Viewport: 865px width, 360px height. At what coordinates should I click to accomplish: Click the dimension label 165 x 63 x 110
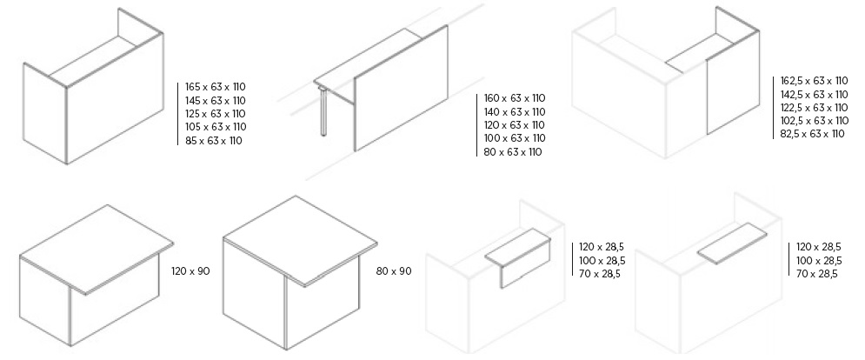tap(216, 87)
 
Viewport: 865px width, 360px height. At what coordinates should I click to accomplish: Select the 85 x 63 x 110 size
tap(214, 141)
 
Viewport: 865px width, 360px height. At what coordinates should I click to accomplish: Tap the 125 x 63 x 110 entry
tap(216, 114)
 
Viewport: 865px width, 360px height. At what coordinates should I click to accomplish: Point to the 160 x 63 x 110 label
tap(515, 98)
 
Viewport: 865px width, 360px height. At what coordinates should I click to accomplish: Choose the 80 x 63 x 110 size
tap(513, 152)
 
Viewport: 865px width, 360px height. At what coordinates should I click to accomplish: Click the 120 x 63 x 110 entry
tap(515, 125)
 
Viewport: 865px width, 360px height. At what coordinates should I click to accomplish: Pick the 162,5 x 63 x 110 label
tap(815, 81)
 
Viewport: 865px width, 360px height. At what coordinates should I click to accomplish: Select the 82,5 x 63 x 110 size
tap(813, 134)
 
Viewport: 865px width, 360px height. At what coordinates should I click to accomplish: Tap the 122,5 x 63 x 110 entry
tap(815, 107)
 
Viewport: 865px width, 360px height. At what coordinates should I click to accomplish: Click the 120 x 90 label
tap(190, 271)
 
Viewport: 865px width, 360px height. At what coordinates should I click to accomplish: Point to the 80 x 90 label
tap(394, 271)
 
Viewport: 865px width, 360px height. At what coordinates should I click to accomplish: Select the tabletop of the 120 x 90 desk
tap(96, 249)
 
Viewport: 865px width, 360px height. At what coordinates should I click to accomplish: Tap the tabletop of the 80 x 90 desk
tap(301, 241)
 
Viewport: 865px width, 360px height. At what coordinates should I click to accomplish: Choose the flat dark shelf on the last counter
tap(732, 243)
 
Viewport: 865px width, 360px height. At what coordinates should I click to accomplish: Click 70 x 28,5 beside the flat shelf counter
tap(817, 274)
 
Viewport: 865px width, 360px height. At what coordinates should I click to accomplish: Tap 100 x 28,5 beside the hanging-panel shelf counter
tap(602, 260)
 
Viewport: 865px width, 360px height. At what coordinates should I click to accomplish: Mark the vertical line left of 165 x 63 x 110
tap(178, 114)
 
